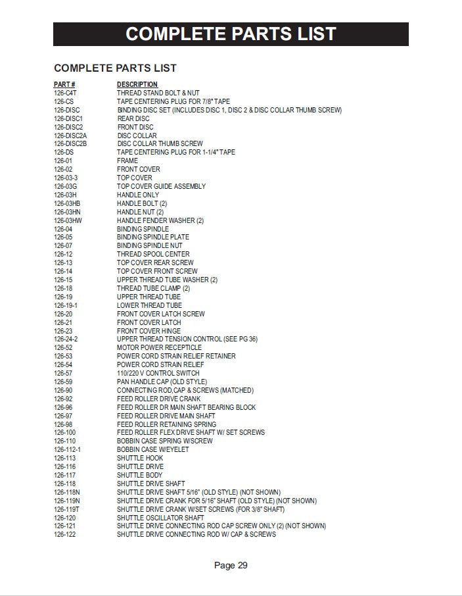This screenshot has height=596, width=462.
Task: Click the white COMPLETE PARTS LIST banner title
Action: (231, 34)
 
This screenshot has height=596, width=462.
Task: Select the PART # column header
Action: (64, 84)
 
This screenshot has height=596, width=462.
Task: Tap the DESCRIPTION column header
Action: (137, 84)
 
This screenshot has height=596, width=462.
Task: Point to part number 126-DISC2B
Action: (70, 143)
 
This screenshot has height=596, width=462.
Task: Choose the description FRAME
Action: (127, 161)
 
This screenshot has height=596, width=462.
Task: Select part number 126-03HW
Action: (68, 220)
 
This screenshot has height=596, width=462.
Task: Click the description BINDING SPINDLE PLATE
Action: (153, 237)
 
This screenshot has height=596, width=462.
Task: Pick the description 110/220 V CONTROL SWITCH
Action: (158, 373)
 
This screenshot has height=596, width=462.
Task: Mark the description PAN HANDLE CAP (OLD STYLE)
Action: (162, 382)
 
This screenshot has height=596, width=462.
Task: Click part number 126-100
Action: (64, 432)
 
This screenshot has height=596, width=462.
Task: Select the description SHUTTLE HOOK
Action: (140, 458)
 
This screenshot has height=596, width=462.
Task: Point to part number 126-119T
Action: (67, 509)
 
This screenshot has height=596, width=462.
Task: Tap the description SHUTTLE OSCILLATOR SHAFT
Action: (160, 517)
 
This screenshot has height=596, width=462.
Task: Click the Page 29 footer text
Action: (231, 565)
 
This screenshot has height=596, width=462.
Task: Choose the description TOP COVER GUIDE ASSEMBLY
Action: (161, 186)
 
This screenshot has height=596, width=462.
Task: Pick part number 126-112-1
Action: (67, 449)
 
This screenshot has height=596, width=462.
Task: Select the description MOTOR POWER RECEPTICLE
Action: (159, 347)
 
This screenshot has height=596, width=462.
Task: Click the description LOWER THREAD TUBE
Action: (149, 305)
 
